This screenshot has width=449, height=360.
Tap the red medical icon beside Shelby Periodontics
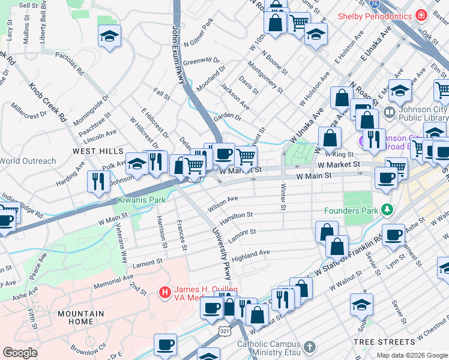pos(422,14)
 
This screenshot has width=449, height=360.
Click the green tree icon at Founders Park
pos(388,209)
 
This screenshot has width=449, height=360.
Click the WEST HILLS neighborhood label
pos(98,151)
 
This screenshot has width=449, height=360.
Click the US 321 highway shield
pos(223,331)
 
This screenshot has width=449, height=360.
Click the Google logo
pos(20,352)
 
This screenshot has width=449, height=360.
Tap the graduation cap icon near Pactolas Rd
pos(110,38)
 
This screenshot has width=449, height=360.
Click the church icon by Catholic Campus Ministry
pos(309,347)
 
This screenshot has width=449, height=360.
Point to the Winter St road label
pos(283,196)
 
